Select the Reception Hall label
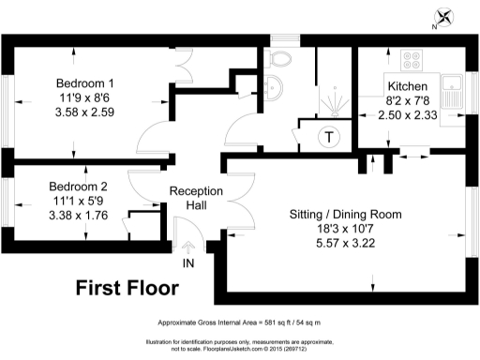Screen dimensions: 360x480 (196, 198)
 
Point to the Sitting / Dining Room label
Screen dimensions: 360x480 (346, 214)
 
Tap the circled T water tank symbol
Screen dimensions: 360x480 (329, 138)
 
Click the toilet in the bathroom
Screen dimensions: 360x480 (278, 59)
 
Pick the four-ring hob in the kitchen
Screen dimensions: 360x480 (412, 60)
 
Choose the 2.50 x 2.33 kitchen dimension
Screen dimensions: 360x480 (407, 114)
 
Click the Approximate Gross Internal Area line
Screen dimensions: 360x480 (239, 321)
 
